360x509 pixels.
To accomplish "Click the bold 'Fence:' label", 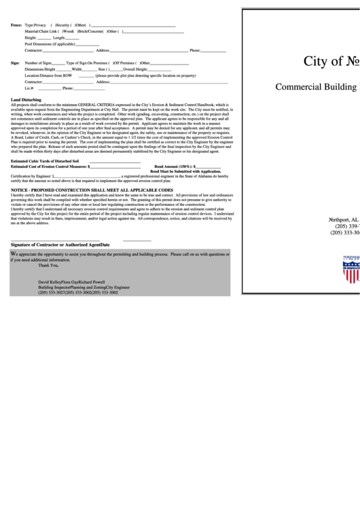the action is pos(16,25).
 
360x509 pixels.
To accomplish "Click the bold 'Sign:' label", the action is pos(15,63).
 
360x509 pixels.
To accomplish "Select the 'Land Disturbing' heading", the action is pos(26,99).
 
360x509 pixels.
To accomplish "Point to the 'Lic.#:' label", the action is pos(29,88).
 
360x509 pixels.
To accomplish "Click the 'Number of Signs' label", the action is pos(38,63).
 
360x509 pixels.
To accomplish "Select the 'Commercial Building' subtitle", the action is pos(316,86).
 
